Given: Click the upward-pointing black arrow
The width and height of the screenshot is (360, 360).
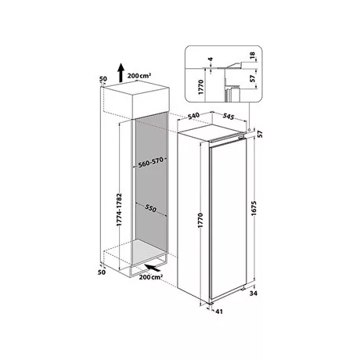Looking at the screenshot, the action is pos(121,73).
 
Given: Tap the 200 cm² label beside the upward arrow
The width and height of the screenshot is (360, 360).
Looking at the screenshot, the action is pos(139,76).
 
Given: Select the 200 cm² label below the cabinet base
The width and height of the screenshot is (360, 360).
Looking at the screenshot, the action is pos(151,277).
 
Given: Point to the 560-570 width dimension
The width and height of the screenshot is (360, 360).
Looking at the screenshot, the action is pos(151,163).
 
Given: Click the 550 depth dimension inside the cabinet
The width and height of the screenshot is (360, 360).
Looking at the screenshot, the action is pos(151,208).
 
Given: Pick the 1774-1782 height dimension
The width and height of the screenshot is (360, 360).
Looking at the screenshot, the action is pos(119,210).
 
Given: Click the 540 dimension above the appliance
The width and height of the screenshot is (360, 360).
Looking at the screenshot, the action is pos(193,117).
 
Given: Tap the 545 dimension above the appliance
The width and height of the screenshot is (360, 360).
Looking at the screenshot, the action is pos(229,117).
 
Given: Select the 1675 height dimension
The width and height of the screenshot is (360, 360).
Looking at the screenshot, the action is pos(254,209).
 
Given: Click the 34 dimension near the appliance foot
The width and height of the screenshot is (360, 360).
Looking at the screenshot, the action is pos(254,293).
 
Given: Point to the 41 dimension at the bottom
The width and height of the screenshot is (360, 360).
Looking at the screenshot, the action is pos(219,311).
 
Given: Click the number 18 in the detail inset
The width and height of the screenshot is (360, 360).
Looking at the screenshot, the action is pos(252,56).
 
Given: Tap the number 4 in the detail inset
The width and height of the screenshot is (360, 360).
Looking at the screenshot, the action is pos(211,59).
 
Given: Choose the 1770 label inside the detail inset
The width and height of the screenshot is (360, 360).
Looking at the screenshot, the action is pos(200,87).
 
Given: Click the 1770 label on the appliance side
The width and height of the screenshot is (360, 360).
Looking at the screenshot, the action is pos(200,221).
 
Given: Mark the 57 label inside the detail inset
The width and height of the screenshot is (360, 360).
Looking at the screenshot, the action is pos(252,78).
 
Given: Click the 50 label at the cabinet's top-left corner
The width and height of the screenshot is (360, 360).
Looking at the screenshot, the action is pos(103,78).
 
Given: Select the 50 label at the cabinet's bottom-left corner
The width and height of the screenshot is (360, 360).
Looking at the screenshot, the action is pos(102,272).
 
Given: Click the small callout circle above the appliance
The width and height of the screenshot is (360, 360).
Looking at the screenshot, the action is pos(250,130).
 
